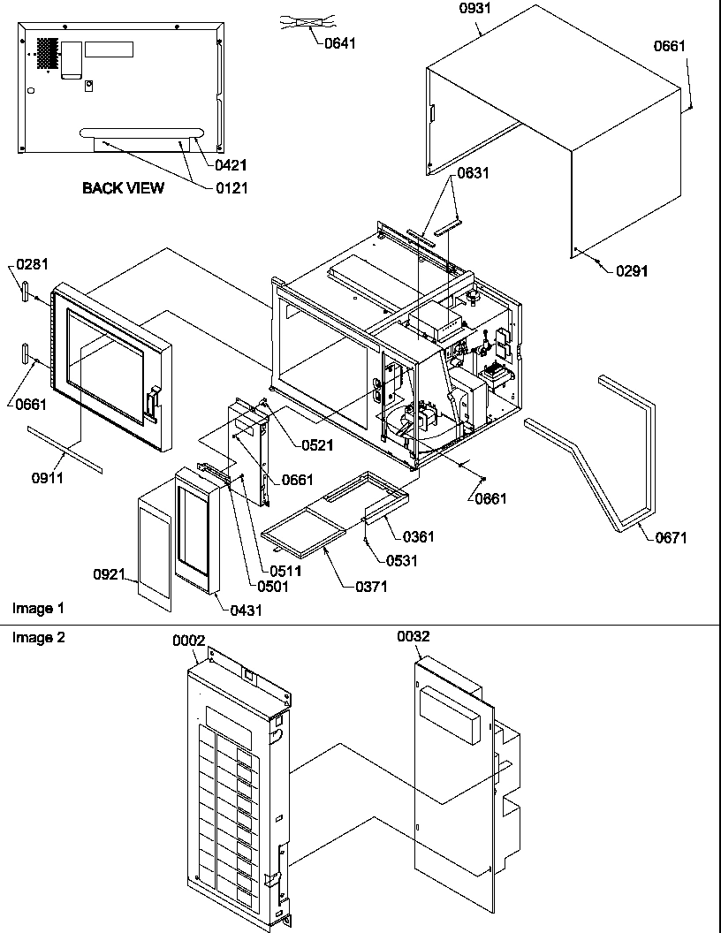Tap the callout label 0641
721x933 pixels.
pyautogui.click(x=339, y=42)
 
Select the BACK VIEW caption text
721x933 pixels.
pyautogui.click(x=123, y=187)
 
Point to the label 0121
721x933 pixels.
pyautogui.click(x=231, y=187)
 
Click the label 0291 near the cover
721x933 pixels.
pyautogui.click(x=631, y=271)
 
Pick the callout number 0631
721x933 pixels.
pyautogui.click(x=473, y=173)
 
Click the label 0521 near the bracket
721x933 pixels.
pyautogui.click(x=315, y=445)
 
